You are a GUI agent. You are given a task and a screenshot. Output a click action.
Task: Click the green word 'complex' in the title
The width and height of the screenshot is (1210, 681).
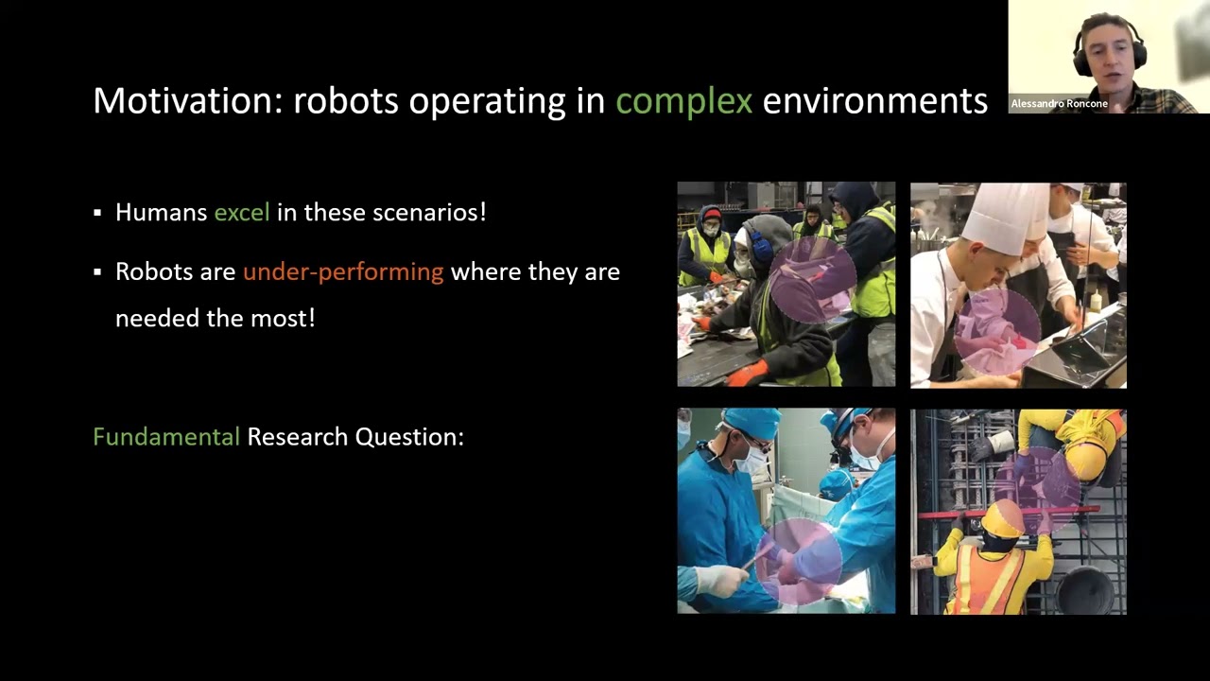pos(683,101)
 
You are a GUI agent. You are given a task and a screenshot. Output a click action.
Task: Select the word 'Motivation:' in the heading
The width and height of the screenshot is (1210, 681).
pos(187,101)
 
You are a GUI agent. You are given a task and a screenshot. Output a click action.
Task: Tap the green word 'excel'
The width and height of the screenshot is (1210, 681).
pos(241,213)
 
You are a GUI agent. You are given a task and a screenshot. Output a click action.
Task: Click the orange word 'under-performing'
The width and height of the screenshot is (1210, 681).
pos(342,272)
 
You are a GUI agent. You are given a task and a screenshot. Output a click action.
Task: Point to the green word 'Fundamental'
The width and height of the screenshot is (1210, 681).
pos(165,437)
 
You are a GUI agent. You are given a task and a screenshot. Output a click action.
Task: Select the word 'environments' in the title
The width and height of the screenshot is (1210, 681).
pos(874,101)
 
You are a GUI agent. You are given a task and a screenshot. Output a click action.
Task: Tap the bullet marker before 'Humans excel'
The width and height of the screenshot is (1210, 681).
pos(97,213)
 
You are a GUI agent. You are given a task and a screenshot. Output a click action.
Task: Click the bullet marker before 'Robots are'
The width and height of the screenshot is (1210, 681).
pos(97,272)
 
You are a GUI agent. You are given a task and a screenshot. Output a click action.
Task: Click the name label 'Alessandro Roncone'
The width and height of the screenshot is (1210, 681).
pos(1059,104)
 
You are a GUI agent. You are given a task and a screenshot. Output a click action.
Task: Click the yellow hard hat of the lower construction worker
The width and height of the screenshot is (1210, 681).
pos(1003,518)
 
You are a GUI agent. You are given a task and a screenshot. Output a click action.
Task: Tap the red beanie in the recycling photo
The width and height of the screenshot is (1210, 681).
pos(712,215)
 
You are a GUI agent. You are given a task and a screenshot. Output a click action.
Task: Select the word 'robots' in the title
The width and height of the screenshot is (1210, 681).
pos(345,101)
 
